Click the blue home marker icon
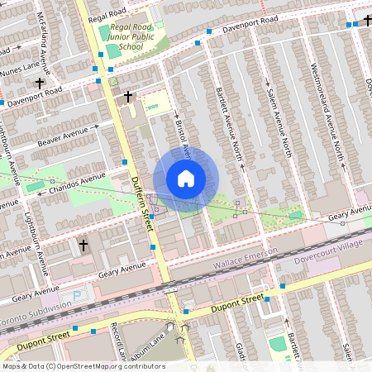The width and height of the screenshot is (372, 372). pos(186,179)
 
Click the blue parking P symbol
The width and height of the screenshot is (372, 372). pos(78,294)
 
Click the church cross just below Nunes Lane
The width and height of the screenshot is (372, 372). pos(39,83)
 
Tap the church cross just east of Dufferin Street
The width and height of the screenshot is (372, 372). pos(127,98)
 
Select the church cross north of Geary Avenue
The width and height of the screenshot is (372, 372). pos(83,246)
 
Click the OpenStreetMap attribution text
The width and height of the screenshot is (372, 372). pos(83,366)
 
